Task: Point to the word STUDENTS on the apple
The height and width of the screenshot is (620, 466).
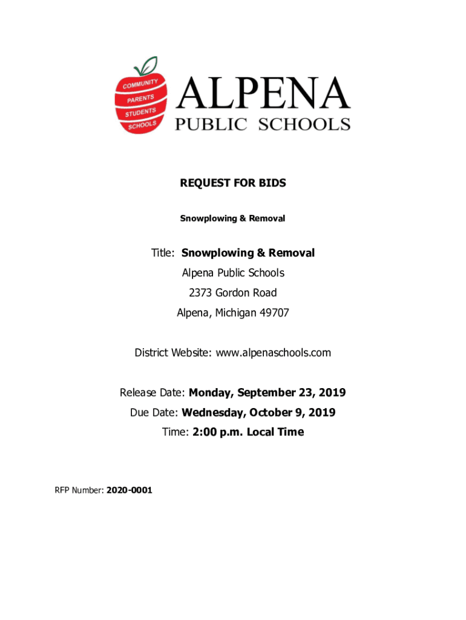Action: coord(140,112)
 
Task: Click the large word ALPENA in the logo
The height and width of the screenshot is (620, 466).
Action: coord(264,94)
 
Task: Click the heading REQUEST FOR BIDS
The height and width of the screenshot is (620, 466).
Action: coord(232,183)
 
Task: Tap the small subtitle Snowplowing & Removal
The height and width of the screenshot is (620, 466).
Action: coord(232,218)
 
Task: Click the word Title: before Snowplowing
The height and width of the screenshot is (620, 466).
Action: coord(163,253)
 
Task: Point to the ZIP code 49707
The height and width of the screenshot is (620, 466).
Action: coord(274,313)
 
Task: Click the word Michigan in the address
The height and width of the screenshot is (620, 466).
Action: coord(236,313)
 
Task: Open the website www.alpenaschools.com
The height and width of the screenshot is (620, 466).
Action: coord(271,352)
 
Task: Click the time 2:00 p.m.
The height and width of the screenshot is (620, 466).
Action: coord(218,432)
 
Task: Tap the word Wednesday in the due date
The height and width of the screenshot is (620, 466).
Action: coord(211,413)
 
